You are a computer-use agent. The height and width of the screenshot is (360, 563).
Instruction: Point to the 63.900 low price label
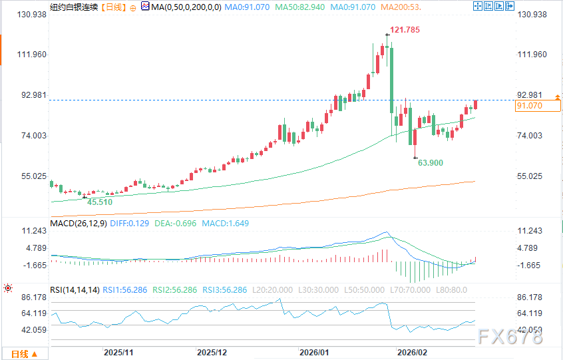[x=430, y=162]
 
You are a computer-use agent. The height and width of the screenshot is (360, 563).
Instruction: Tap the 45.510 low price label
[x=100, y=201]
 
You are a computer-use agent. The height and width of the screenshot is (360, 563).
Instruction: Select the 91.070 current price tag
[x=538, y=105]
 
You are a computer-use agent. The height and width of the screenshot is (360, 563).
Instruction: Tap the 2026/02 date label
[x=411, y=351]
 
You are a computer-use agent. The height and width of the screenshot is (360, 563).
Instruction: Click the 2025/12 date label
[x=213, y=351]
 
